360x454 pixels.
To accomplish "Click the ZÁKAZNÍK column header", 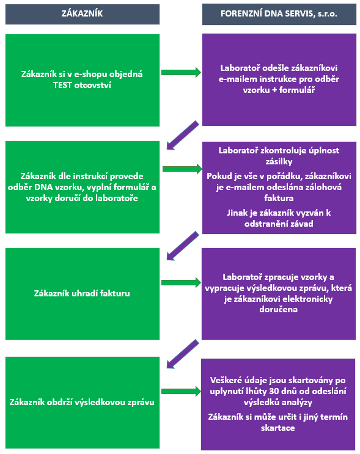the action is [x=83, y=13].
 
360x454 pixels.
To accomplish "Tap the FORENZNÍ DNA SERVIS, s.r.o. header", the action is [x=279, y=13].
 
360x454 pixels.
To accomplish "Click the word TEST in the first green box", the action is [x=62, y=85].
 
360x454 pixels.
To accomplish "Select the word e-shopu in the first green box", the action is [x=90, y=74].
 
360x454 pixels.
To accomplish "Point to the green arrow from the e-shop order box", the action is [x=181, y=72].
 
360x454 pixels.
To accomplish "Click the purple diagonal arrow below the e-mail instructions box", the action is [x=183, y=135].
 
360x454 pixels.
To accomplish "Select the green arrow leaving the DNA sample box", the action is [x=183, y=169].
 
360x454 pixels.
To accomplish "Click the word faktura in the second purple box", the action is [x=279, y=198].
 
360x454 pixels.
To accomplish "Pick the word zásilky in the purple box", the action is [x=279, y=161].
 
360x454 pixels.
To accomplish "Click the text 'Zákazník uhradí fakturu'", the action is [x=82, y=293].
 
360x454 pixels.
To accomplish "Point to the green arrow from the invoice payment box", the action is [x=181, y=282].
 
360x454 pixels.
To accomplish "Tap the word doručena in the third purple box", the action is [x=278, y=310].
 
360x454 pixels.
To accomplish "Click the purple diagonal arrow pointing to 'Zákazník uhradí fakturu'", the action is [x=183, y=246].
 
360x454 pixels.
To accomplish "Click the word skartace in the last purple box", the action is [x=277, y=428].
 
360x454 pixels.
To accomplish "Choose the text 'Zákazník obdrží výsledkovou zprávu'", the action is [x=82, y=402].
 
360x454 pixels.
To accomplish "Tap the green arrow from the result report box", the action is [x=181, y=392].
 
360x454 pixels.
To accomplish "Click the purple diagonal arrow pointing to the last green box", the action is [x=183, y=354].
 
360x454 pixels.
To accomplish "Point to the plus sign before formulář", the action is [x=274, y=90].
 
